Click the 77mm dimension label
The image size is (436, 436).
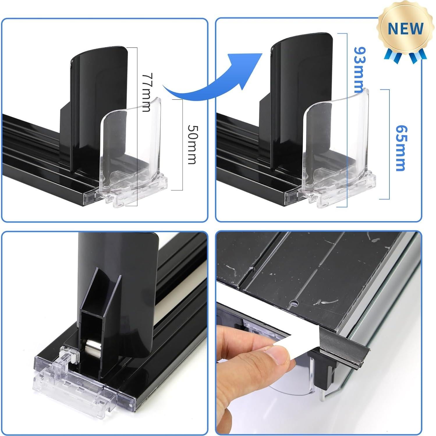(146, 92)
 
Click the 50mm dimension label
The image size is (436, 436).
(192, 145)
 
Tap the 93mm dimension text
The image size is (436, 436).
(359, 70)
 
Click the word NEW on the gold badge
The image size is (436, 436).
(405, 28)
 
